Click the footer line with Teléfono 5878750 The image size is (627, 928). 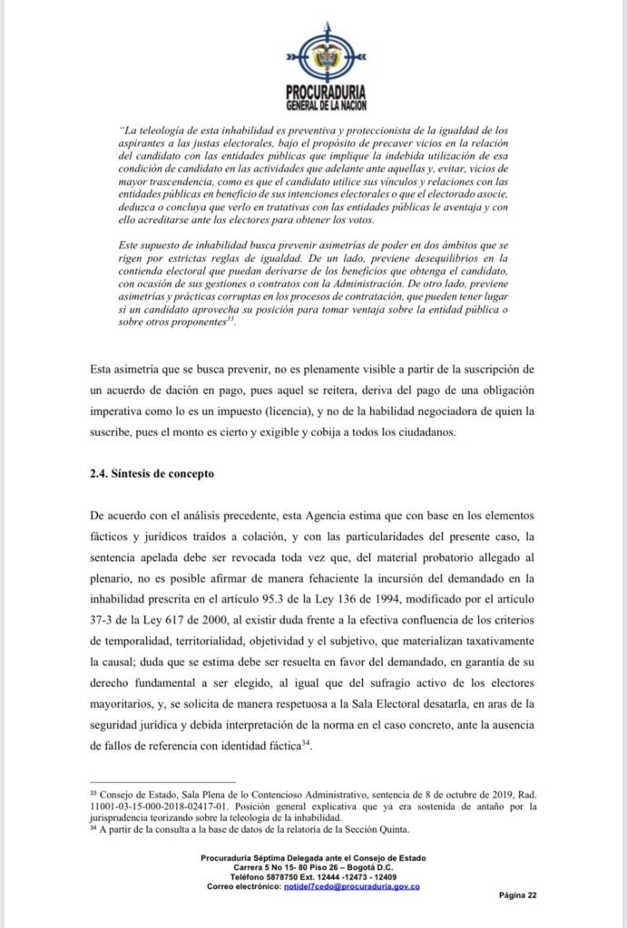coord(313,876)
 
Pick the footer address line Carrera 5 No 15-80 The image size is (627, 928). coord(313,867)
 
